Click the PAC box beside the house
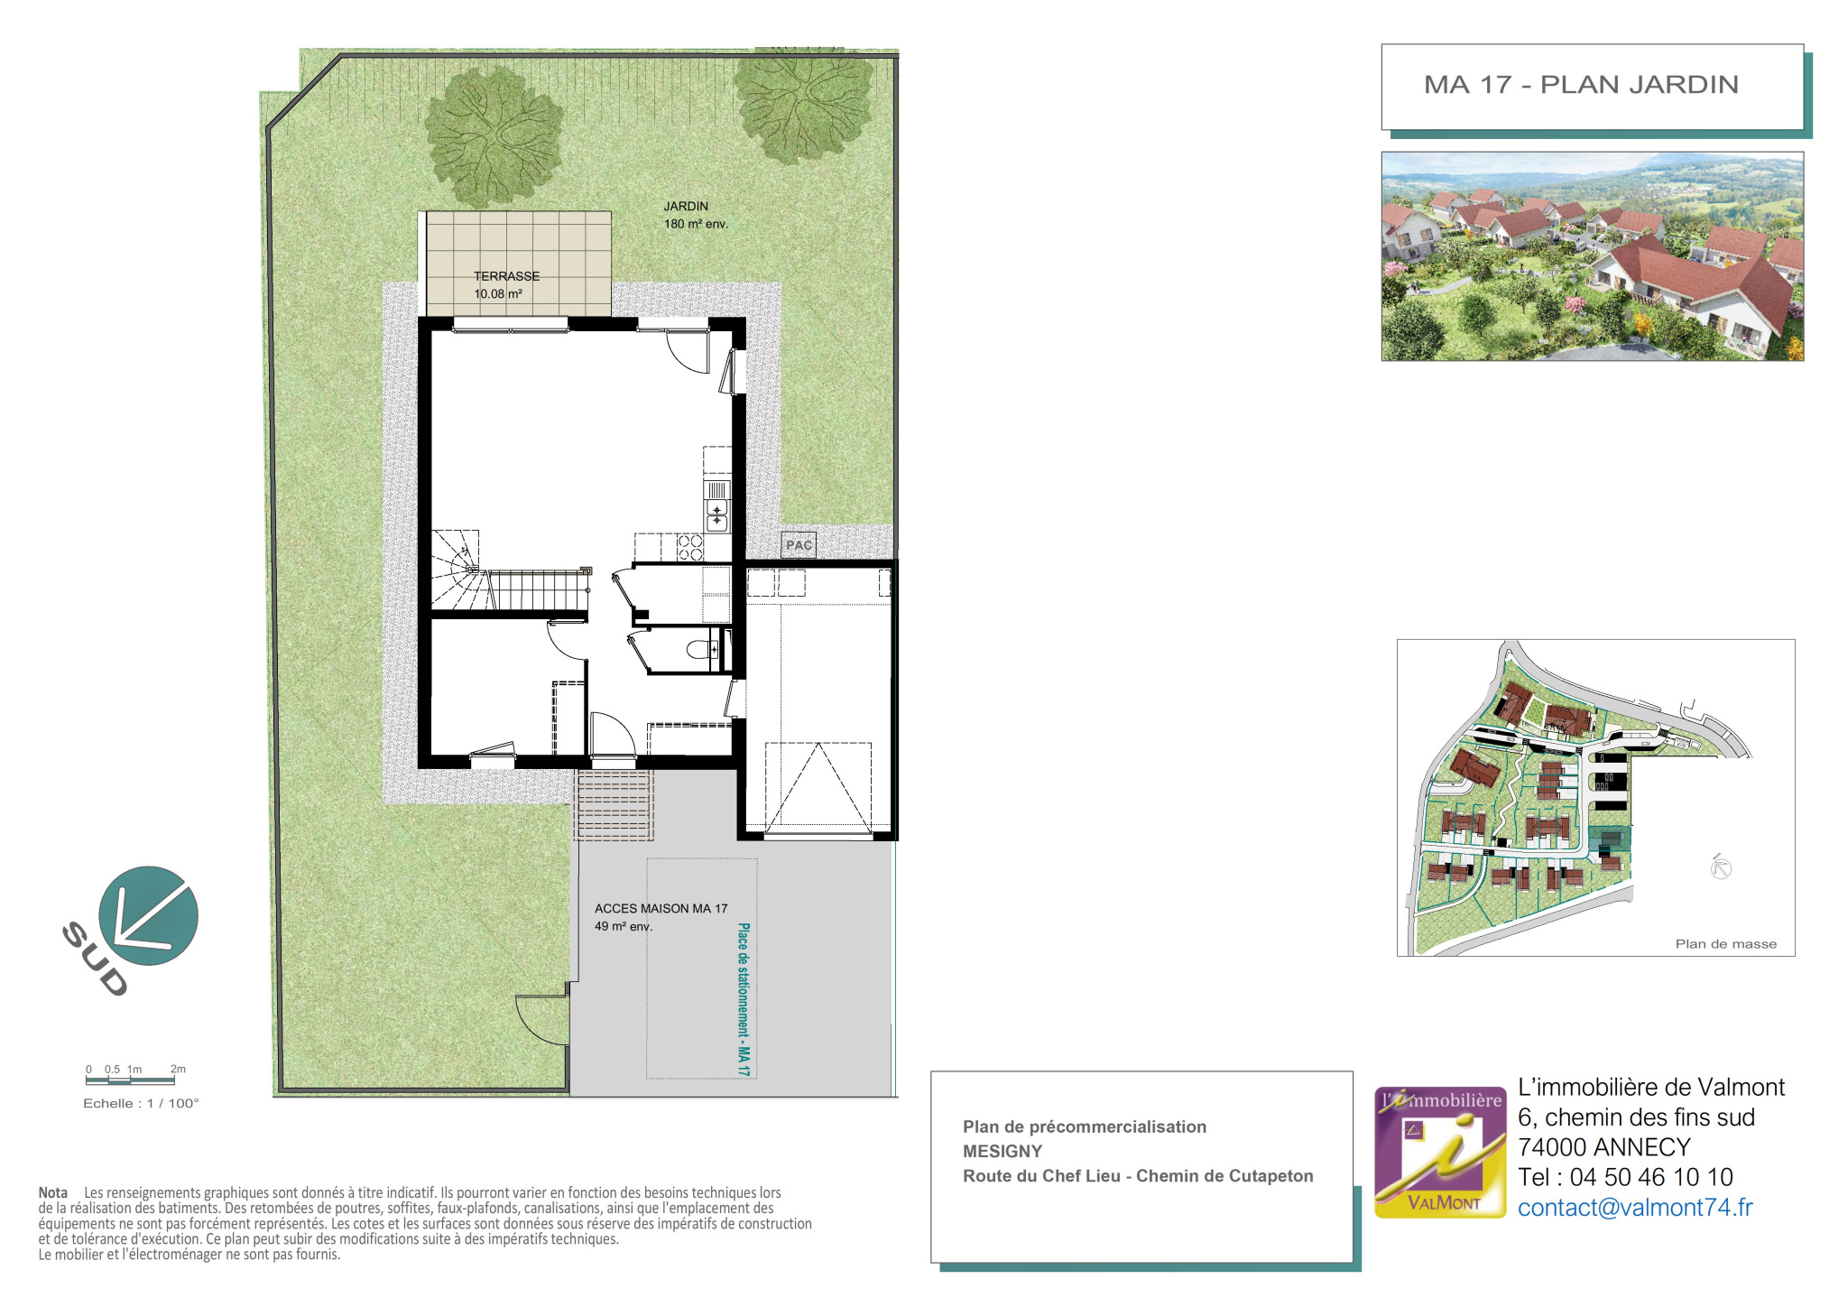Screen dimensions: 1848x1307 click(799, 545)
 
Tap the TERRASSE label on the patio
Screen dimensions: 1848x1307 click(507, 276)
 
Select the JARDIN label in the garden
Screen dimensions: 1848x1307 click(686, 206)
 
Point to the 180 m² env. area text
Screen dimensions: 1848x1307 click(696, 224)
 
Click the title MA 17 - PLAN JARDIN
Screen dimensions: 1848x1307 click(1581, 85)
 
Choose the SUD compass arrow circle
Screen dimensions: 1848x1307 click(148, 915)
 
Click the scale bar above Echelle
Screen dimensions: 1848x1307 click(131, 1080)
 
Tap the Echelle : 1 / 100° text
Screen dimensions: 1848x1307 click(141, 1103)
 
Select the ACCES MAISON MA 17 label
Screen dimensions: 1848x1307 click(661, 909)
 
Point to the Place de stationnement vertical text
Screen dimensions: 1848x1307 click(744, 999)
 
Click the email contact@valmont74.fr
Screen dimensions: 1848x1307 click(1635, 1208)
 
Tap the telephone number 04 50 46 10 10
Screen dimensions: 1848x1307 click(1651, 1177)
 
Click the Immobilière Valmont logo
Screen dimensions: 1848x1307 click(1440, 1153)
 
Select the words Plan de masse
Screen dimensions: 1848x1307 click(1725, 944)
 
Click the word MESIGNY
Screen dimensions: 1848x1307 click(1003, 1152)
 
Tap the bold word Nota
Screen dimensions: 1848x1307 click(53, 1193)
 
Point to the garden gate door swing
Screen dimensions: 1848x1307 click(541, 1020)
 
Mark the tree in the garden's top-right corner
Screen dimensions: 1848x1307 click(803, 101)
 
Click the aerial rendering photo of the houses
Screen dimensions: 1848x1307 click(1593, 256)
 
